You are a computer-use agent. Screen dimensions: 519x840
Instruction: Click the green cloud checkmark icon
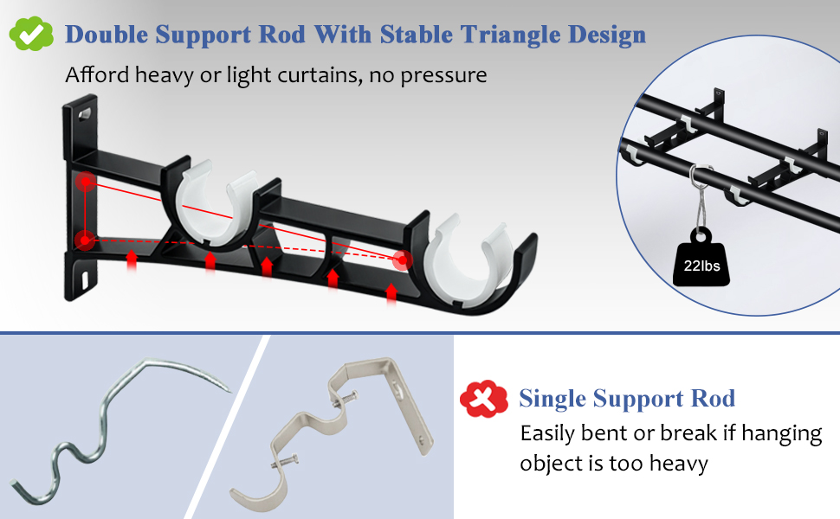point(31,34)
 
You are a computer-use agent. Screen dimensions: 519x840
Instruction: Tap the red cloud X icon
point(483,399)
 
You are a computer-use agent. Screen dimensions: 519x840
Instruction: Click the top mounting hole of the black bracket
point(85,112)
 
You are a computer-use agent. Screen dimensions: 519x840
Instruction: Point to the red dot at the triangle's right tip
point(402,259)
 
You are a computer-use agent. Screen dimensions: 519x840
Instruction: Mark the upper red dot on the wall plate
point(85,182)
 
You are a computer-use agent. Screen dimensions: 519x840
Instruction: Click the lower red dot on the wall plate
point(84,240)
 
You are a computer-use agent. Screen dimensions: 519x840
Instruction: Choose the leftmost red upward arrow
point(131,259)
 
